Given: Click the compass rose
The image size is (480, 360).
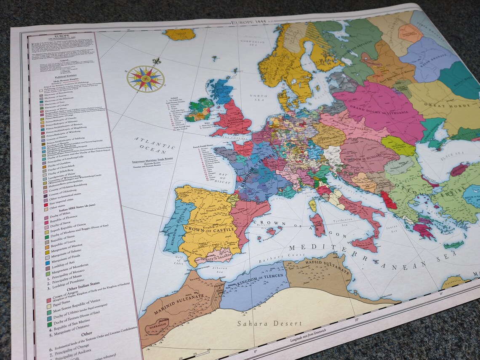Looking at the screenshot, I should tap(145, 79).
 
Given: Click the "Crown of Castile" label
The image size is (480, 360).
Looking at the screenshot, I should tap(206, 229).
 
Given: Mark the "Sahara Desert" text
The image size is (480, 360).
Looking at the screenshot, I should tap(269, 323).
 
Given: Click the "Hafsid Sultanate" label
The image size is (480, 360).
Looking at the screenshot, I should tap(333, 266).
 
